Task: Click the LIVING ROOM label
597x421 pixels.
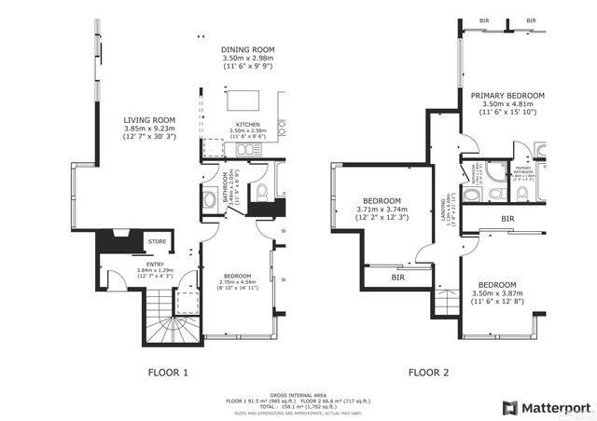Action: (x=150, y=119)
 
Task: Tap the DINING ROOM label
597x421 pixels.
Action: (x=246, y=50)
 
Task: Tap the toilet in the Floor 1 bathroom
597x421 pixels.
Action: (x=262, y=193)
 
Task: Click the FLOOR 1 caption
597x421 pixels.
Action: (x=168, y=373)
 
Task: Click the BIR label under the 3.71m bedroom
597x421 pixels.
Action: (x=397, y=277)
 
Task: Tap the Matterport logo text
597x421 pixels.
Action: (x=552, y=407)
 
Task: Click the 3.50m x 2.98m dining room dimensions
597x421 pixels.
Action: (x=246, y=60)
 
